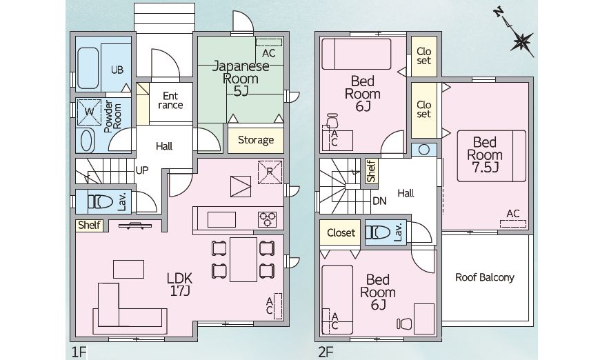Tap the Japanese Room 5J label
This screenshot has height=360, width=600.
(x=241, y=79)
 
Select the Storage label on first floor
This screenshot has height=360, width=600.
(x=256, y=140)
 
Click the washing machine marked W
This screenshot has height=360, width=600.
(x=89, y=112)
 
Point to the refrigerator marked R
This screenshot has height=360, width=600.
(x=270, y=172)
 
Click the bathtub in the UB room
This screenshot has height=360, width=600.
(x=88, y=68)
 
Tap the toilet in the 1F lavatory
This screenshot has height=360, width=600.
(x=100, y=201)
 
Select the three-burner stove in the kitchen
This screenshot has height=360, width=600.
(x=267, y=219)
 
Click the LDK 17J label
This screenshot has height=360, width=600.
(x=179, y=285)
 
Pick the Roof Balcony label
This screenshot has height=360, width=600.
(x=484, y=277)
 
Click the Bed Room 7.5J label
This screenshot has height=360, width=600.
(x=484, y=154)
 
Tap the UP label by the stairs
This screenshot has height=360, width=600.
(x=142, y=170)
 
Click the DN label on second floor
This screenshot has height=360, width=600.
(x=379, y=201)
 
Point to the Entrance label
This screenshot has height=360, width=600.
(x=170, y=100)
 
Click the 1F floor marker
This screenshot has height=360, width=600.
(x=79, y=352)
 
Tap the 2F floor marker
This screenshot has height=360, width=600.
(x=326, y=352)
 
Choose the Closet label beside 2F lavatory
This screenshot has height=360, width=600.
(x=341, y=232)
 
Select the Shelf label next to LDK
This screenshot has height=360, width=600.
(x=89, y=225)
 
